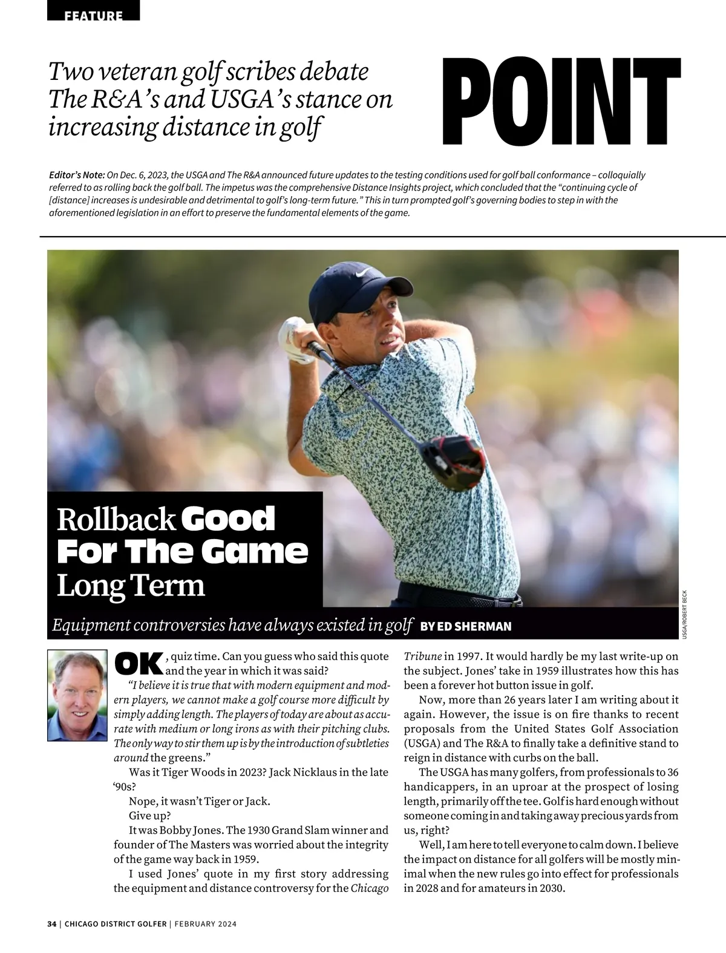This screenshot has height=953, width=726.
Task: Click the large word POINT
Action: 561,100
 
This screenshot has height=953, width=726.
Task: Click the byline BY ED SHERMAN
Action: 465,626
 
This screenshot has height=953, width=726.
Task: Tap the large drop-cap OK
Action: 139,664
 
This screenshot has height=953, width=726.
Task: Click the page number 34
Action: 52,924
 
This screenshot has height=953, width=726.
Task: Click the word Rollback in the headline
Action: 116,520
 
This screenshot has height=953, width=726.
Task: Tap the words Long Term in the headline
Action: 131,585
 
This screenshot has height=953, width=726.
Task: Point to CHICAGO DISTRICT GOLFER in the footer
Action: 115,924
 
